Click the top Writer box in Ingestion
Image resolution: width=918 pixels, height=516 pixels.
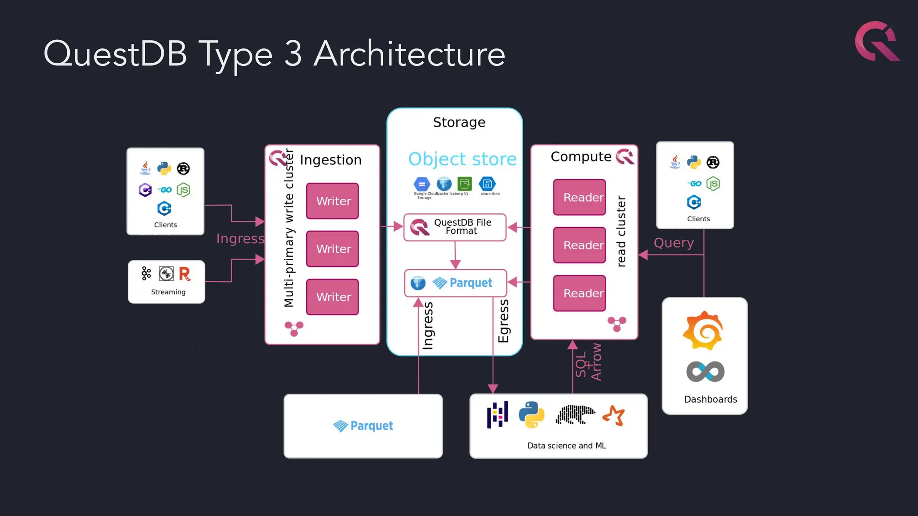point(332,201)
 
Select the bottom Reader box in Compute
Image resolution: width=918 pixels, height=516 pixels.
point(579,293)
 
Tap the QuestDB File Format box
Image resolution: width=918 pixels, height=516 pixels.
point(455,227)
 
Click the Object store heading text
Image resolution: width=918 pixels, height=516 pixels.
point(462,159)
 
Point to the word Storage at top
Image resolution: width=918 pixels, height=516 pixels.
point(459,122)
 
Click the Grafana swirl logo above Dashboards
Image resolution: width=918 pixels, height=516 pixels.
point(703,331)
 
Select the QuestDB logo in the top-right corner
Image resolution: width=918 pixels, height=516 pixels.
point(876,41)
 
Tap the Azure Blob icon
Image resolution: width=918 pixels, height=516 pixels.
point(487,184)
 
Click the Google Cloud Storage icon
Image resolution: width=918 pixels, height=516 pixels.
point(421,184)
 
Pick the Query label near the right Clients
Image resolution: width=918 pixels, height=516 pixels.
point(673,243)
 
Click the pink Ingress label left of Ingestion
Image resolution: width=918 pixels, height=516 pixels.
point(240,239)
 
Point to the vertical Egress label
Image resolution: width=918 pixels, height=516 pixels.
point(503,321)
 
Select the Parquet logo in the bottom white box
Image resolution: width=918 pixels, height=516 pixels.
point(363,426)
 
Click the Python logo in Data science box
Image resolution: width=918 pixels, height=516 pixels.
point(531,414)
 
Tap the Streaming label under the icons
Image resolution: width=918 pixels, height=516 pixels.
point(168,292)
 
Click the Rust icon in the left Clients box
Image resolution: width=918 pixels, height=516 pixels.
point(183,168)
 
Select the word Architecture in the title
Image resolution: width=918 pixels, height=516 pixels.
point(409,54)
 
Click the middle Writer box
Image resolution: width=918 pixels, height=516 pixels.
point(332,249)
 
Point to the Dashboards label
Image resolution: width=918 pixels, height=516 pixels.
point(710,399)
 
